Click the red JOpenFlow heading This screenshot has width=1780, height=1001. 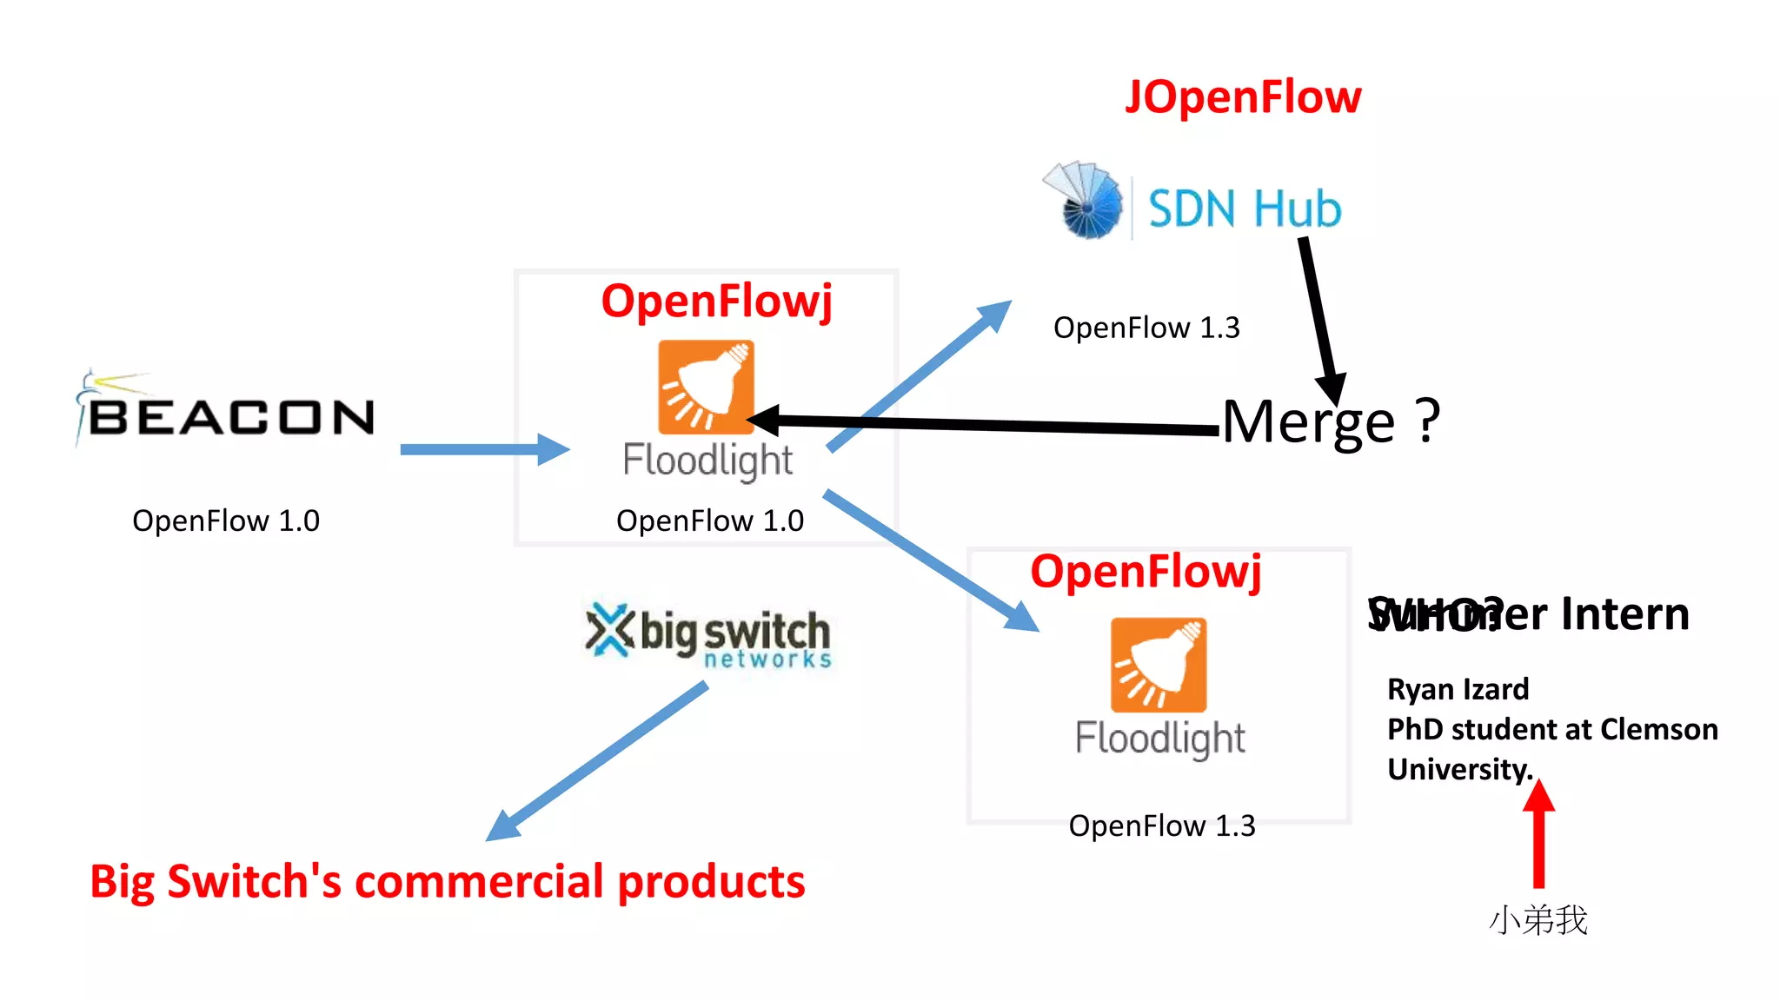point(1243,96)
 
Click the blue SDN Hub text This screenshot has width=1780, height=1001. point(1245,209)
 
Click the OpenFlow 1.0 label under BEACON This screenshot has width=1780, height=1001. point(226,520)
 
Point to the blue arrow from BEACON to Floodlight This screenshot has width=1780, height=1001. point(483,449)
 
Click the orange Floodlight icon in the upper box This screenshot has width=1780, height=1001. point(706,387)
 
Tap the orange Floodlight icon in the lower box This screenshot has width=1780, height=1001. point(1159,665)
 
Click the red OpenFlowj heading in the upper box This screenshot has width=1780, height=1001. point(716,302)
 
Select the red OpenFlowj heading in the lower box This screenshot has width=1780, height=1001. point(1146,572)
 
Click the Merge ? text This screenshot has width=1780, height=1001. point(1330,421)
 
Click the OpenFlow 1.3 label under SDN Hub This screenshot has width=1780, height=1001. point(1146,328)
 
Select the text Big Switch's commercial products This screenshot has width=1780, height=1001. point(447,881)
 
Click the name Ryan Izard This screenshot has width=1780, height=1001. point(1458,689)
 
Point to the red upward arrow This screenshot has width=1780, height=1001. point(1538,834)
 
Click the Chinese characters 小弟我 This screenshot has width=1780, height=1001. point(1538,920)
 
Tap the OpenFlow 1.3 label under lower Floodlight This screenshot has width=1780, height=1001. point(1162,825)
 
